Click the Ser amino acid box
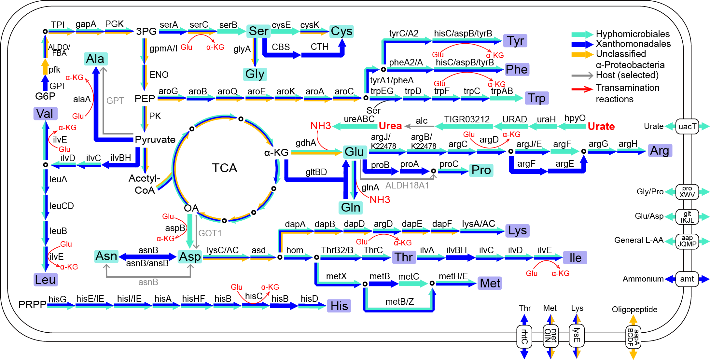[x=258, y=31]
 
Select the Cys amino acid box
[x=341, y=32]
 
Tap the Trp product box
[x=536, y=98]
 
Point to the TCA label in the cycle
[x=225, y=168]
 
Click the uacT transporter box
[x=687, y=126]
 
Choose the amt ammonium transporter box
[x=687, y=279]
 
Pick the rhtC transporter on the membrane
[x=524, y=336]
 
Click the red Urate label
[x=601, y=126]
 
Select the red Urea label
[x=390, y=126]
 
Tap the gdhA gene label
[x=306, y=143]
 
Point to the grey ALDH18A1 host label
[x=407, y=186]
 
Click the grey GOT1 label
[x=210, y=233]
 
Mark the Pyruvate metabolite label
[x=155, y=140]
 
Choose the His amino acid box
[x=339, y=306]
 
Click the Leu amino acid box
[x=45, y=280]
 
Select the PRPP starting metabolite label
[x=32, y=304]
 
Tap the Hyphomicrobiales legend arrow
[x=582, y=34]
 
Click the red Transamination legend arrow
[x=582, y=89]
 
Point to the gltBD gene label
[x=316, y=172]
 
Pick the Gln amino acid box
[x=351, y=207]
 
